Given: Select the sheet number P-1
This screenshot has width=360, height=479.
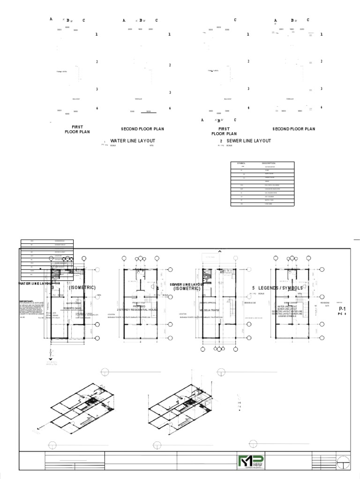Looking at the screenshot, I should point(342,310).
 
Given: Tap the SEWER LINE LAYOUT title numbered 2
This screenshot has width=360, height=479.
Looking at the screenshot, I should point(248,141).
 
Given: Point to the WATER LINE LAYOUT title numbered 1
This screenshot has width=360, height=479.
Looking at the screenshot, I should point(133,141).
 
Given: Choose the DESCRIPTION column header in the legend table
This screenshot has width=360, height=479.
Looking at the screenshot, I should point(269,163).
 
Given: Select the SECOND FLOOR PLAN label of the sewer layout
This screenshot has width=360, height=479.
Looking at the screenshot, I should point(294,129).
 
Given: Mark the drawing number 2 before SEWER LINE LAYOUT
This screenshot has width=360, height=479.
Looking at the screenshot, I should point(221,141).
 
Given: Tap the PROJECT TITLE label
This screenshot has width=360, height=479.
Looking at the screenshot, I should point(140,303).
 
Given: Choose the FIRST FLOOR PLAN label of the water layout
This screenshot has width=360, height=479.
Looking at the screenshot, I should point(77,129).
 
